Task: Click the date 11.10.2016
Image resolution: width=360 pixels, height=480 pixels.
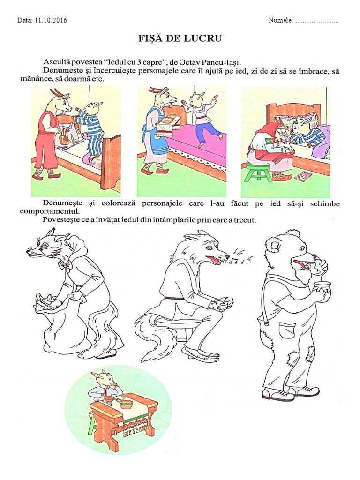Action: coord(51,20)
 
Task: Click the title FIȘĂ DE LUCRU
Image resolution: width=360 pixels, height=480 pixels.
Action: coord(180,38)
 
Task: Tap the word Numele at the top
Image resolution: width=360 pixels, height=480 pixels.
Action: coord(280,20)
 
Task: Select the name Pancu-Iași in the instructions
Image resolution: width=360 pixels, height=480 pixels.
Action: coord(225,62)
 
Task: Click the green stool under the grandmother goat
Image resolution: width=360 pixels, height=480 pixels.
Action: coord(258,172)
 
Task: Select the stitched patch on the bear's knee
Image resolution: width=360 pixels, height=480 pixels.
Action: coord(293,357)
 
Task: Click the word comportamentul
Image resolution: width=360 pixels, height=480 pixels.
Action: coord(49,211)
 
